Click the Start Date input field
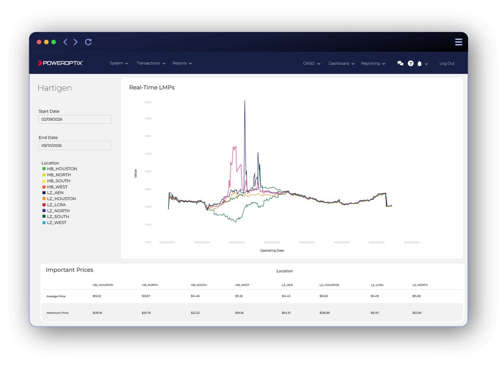tap(74, 119)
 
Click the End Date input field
tap(74, 145)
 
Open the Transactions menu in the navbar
tap(151, 63)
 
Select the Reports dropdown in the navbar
tap(182, 63)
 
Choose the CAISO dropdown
tap(312, 64)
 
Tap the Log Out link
tap(447, 64)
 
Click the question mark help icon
tap(410, 64)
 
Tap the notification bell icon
tap(420, 64)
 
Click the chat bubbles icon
tap(400, 64)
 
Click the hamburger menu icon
tap(459, 42)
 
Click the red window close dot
tap(39, 42)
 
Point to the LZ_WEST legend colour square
tap(44, 223)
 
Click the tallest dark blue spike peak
tap(245, 101)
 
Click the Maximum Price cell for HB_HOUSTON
tap(97, 313)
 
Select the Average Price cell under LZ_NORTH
tap(416, 296)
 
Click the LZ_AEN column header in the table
tap(287, 285)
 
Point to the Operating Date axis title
tap(272, 251)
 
